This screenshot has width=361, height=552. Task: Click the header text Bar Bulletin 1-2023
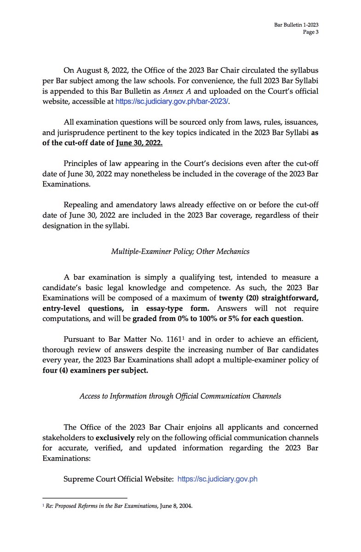[295, 24]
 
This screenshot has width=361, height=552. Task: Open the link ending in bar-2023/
[172, 101]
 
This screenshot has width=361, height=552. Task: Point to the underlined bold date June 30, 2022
[138, 143]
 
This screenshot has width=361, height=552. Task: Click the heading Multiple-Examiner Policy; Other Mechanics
[180, 251]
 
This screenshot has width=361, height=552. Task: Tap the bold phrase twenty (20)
[239, 298]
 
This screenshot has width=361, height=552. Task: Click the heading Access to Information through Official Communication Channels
[180, 396]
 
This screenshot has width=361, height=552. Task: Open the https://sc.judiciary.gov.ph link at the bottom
[217, 479]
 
